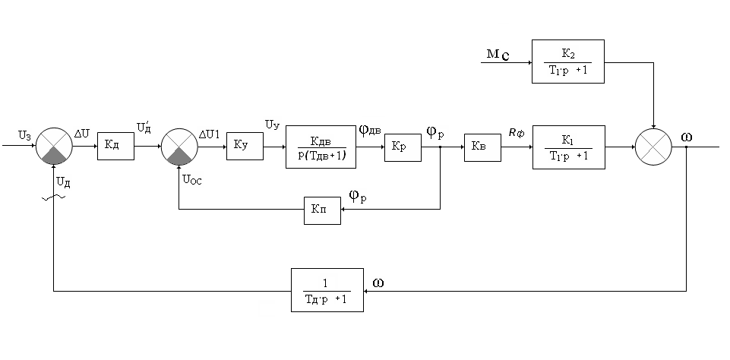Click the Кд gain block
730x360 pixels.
115,147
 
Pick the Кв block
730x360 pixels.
483,147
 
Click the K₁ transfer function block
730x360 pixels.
568,147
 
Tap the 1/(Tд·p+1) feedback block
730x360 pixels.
326,290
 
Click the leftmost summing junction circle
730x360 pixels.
53,147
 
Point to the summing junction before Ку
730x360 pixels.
179,147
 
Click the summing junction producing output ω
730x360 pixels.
654,147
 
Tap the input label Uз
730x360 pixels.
25,135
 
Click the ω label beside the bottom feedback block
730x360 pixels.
378,282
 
